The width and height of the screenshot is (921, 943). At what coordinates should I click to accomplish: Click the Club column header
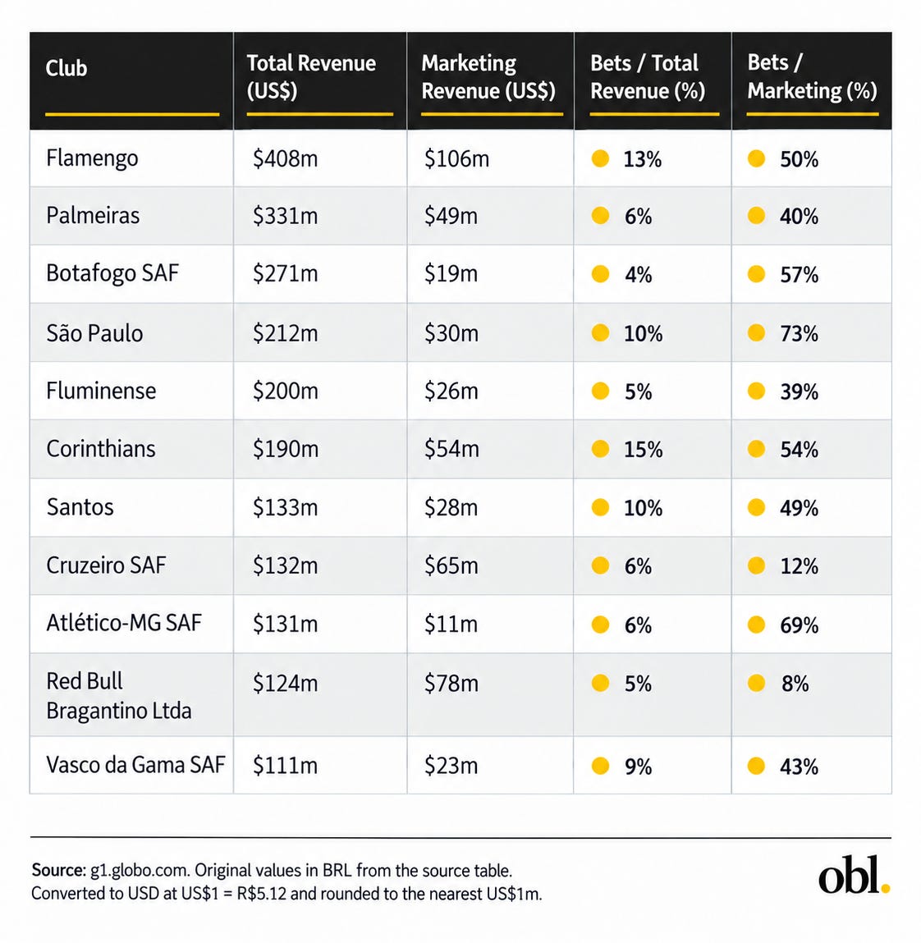click(x=66, y=68)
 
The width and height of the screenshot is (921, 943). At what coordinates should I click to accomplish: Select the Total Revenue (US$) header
click(x=311, y=76)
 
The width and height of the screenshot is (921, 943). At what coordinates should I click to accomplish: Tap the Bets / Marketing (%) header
click(x=812, y=76)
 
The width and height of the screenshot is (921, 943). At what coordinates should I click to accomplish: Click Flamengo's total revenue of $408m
click(x=285, y=158)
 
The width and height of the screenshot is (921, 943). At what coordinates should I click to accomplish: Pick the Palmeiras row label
click(x=93, y=215)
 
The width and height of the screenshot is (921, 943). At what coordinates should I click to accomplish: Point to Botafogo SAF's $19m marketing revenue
click(x=451, y=273)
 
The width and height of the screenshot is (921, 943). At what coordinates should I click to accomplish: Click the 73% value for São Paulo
click(x=799, y=333)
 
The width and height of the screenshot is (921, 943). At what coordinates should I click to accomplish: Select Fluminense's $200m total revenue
click(x=285, y=391)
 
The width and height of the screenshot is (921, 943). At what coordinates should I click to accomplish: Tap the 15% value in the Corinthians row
click(x=643, y=449)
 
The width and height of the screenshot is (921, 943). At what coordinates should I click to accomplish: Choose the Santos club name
click(x=80, y=507)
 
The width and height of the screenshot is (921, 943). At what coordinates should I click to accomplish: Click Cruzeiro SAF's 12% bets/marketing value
click(x=799, y=566)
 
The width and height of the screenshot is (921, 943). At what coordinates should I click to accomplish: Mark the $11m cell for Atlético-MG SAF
click(x=451, y=624)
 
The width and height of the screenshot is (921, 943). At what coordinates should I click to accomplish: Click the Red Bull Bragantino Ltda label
click(x=119, y=696)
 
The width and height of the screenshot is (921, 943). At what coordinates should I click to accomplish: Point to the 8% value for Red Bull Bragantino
click(x=795, y=684)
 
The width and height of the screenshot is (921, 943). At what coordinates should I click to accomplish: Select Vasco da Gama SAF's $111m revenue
click(x=285, y=766)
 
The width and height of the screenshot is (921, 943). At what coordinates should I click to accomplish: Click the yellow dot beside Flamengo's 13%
click(x=600, y=158)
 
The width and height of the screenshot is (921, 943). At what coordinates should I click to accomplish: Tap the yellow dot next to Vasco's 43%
click(x=756, y=766)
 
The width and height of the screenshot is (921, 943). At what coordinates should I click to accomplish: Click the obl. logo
click(x=855, y=874)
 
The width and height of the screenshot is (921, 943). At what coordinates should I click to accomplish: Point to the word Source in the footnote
click(x=59, y=870)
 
